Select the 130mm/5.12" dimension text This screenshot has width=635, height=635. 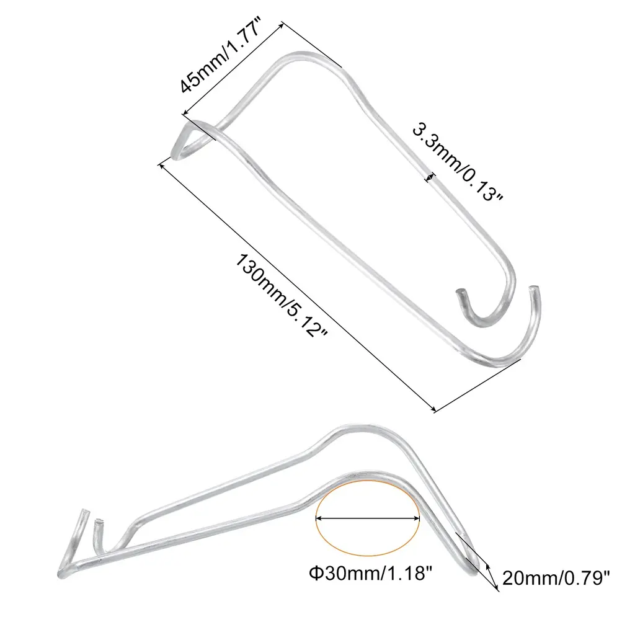point(282,296)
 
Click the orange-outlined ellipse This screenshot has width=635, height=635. point(367,518)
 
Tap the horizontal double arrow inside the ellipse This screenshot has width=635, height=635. point(367,518)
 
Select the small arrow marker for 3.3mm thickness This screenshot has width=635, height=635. point(430,177)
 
